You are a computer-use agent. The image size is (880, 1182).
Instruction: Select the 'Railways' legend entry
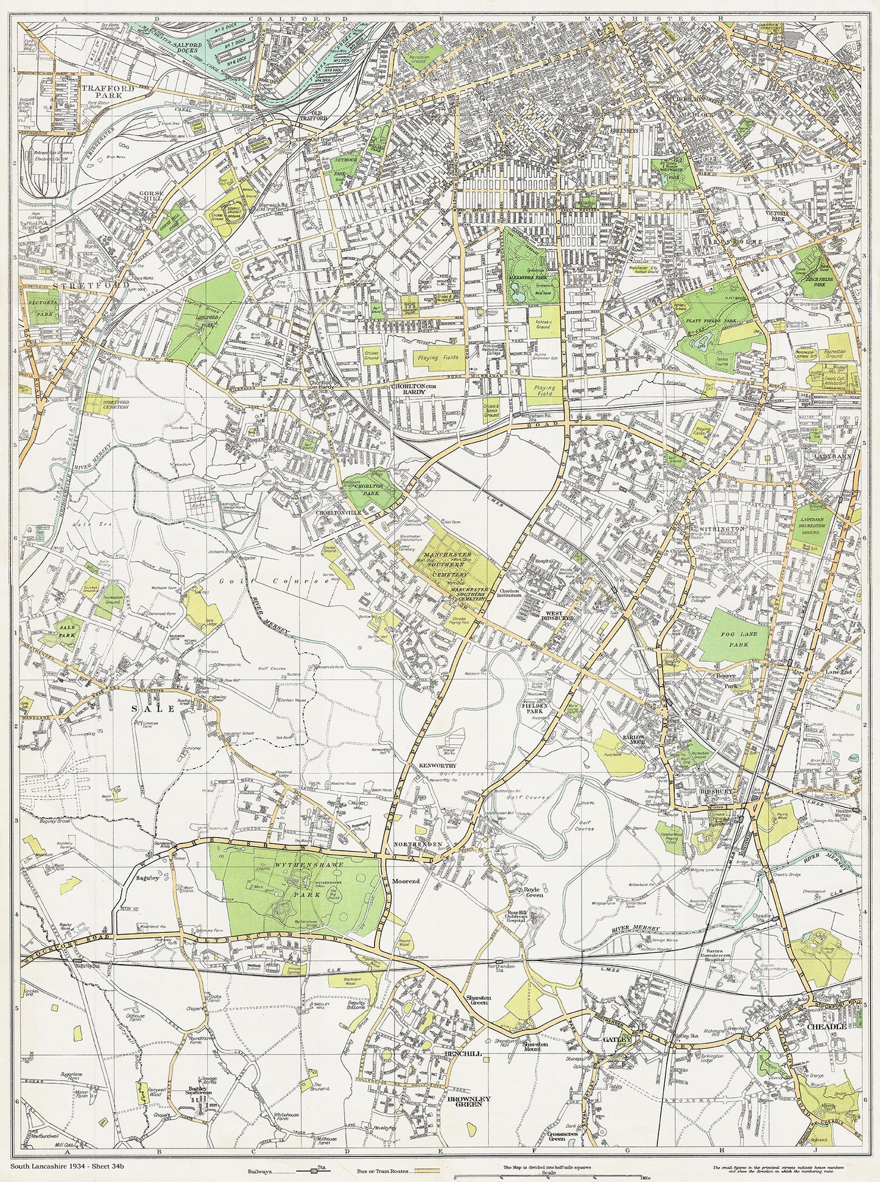262,1170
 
